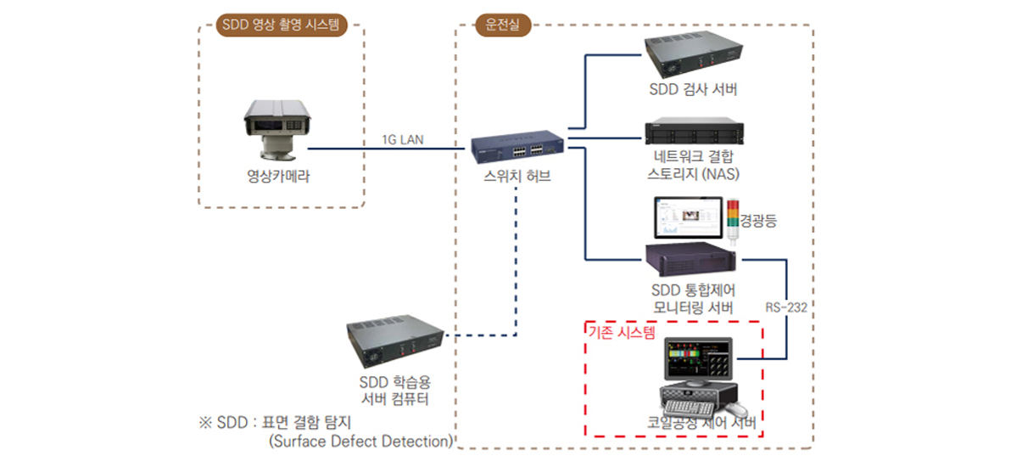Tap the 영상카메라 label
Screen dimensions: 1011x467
point(278,176)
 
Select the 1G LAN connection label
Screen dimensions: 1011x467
point(403,139)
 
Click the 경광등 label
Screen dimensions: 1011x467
point(759,222)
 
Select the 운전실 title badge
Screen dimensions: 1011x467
point(501,25)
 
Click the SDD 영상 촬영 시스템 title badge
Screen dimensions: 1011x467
point(281,25)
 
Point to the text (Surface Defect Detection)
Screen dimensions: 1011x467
point(361,442)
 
